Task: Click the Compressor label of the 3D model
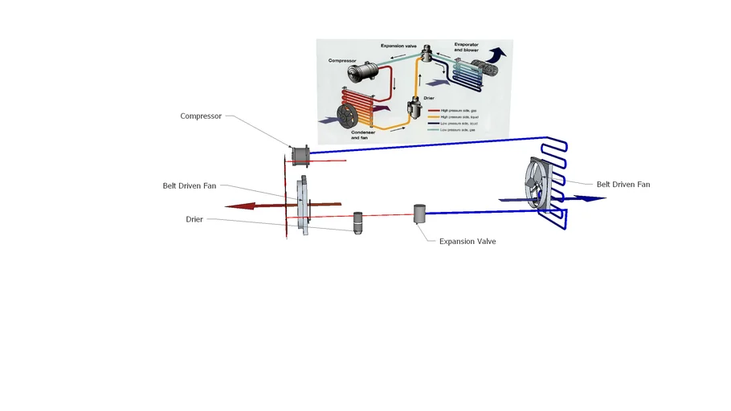201,116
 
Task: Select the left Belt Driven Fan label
190,185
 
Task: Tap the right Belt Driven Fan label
623,185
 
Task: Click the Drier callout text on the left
194,219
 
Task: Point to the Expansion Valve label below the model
468,241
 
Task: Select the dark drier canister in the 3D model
358,222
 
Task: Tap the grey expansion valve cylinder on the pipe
419,214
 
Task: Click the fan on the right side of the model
537,185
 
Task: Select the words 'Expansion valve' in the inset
398,47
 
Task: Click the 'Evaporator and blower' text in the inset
466,47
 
